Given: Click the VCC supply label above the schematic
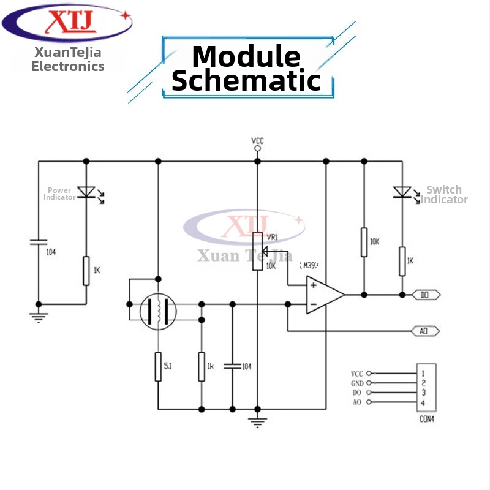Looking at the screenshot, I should click(x=257, y=141).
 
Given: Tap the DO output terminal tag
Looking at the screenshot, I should click(x=426, y=295).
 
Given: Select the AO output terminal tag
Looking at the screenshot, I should click(x=424, y=331).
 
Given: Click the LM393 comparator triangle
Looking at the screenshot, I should click(x=324, y=295).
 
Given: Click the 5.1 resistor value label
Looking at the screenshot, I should click(x=167, y=366).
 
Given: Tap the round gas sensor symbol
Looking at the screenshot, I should click(x=158, y=311).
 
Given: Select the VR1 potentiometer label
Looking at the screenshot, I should click(x=273, y=237).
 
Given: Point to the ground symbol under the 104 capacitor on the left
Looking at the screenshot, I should click(x=38, y=316).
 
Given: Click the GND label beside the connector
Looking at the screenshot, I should click(x=356, y=383).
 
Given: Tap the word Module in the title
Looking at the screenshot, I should click(x=246, y=57).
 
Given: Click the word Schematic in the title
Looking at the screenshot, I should click(x=246, y=80).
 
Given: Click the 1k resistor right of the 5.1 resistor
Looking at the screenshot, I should click(x=201, y=366).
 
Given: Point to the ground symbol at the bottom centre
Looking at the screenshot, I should click(x=257, y=421).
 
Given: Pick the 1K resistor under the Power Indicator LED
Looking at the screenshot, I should click(x=86, y=271).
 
